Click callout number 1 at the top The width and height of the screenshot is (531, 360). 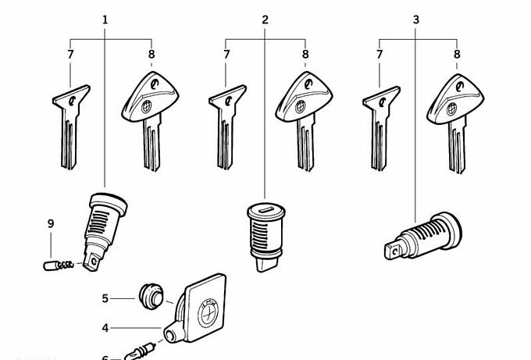pos(105,19)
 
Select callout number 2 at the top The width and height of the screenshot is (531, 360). pos(265,19)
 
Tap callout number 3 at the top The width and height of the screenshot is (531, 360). pos(415,19)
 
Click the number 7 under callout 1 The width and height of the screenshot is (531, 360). pos(70,55)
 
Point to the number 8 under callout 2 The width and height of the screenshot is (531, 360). pos(305,55)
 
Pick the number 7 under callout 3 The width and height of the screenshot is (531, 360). pos(380,55)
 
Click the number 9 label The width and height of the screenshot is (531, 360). pos(51,224)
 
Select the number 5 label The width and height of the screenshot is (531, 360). pos(105,298)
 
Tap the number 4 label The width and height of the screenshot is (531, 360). pos(105,328)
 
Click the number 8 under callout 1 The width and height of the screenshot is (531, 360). pos(151,55)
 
